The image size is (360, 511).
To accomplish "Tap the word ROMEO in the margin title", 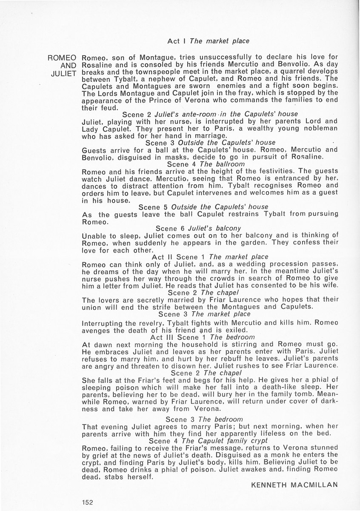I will click(x=63, y=58).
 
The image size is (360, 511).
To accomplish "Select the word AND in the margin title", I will click(x=69, y=66).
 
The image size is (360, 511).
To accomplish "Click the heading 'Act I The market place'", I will click(x=208, y=41).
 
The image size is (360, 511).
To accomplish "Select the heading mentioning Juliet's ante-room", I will click(x=210, y=114).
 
